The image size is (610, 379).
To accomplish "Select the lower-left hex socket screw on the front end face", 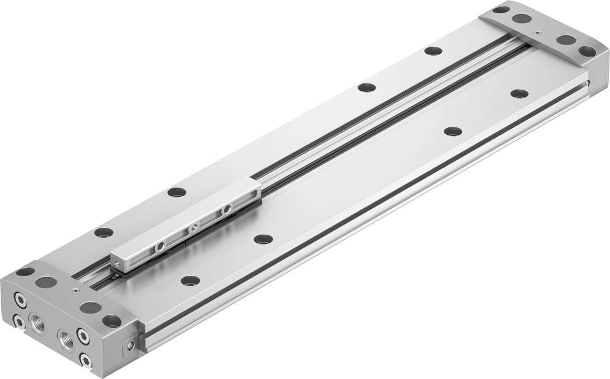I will tap(20, 321).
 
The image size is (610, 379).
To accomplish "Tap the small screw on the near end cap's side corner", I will tap(131, 346).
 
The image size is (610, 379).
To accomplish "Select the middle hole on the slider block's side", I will tap(195, 227).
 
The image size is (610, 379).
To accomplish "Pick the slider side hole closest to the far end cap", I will tap(228, 208).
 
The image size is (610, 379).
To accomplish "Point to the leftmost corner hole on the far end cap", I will tap(501, 9).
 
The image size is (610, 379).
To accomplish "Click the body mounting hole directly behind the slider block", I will tap(177, 192).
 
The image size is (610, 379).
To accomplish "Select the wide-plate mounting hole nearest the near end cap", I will tap(190, 281).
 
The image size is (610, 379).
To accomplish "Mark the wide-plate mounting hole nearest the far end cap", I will tap(519, 93).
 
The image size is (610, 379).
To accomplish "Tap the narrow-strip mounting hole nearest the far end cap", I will tap(433, 51).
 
